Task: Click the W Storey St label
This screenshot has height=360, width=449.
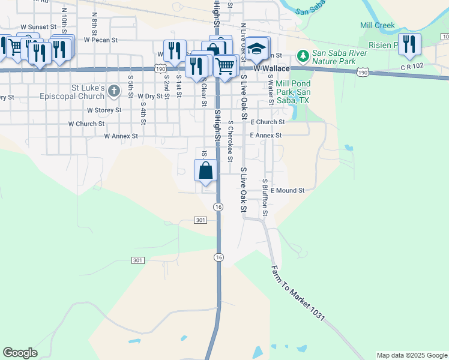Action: point(104,110)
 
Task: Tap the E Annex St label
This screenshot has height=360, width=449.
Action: point(265,136)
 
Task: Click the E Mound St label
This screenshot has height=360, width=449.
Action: point(288,190)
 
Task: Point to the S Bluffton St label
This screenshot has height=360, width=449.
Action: point(265,197)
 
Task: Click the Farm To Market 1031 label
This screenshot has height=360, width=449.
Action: point(298,293)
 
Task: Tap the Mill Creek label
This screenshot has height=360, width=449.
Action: point(377,25)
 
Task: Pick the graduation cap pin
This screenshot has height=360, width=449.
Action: point(256,49)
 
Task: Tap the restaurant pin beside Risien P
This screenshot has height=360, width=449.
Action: point(409,44)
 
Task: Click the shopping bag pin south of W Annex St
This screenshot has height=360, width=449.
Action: point(205,170)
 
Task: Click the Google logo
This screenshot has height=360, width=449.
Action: point(20,353)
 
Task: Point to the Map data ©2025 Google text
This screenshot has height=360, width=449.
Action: point(411,355)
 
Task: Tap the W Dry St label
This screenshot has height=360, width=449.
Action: point(150,96)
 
